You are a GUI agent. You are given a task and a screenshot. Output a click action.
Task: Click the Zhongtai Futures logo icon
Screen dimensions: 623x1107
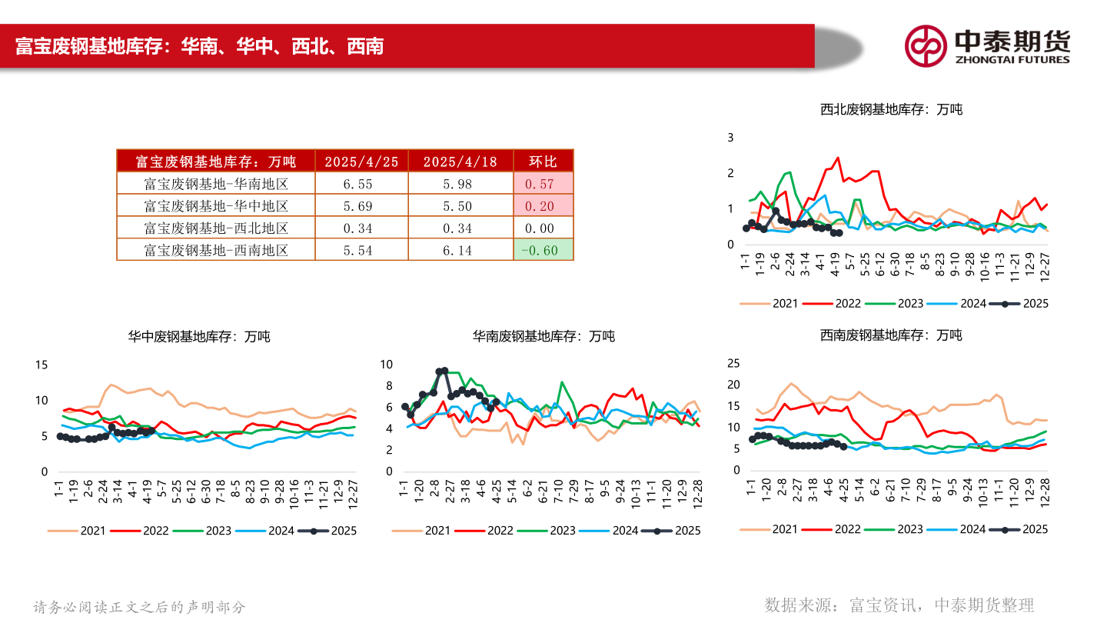(x=926, y=45)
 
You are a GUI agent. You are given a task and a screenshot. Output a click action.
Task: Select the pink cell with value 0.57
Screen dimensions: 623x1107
(x=543, y=184)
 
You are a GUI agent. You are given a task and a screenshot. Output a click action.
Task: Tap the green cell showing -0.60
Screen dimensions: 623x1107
(x=543, y=250)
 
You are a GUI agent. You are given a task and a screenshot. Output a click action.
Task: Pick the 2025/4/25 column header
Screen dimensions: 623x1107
(x=361, y=161)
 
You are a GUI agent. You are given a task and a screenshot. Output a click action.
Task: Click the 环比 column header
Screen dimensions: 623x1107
(x=543, y=161)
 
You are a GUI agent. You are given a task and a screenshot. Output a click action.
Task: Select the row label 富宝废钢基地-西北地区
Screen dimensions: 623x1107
(x=216, y=228)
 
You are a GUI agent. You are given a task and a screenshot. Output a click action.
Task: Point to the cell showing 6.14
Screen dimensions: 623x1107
(x=460, y=250)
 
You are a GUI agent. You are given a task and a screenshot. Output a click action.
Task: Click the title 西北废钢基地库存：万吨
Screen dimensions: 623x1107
(x=891, y=109)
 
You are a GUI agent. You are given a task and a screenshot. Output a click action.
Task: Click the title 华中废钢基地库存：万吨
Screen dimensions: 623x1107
(x=199, y=336)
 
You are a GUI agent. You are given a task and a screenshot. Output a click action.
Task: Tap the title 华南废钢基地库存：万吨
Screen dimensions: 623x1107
(x=544, y=336)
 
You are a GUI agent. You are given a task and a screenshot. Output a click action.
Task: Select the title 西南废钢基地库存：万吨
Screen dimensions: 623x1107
(x=891, y=335)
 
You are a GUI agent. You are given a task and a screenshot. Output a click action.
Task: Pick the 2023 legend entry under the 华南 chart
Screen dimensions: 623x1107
(x=549, y=530)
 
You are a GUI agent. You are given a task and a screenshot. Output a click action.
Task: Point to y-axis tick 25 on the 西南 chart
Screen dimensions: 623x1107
(x=733, y=363)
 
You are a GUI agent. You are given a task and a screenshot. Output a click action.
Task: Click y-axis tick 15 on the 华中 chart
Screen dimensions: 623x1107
(x=42, y=365)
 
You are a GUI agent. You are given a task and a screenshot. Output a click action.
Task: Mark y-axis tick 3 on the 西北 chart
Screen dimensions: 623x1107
(x=731, y=137)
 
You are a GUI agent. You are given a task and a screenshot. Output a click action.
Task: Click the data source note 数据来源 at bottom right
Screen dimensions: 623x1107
(x=899, y=605)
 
